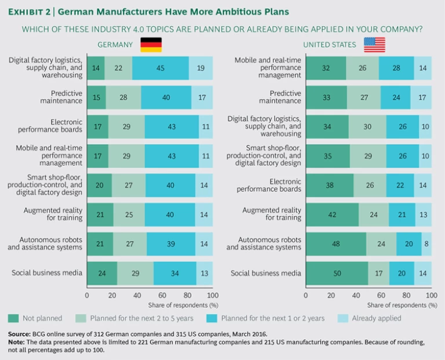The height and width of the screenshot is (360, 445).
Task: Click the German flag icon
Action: coord(151,45)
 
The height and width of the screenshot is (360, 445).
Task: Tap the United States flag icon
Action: coord(374,45)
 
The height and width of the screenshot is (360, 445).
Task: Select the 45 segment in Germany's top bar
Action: coord(161,68)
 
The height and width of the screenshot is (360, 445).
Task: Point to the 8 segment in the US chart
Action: coord(426,244)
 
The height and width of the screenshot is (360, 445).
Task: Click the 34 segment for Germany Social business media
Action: coord(175,273)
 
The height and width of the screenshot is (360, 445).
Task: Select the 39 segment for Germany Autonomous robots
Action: coord(171,244)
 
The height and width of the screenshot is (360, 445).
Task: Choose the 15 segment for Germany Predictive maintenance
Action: coord(96,97)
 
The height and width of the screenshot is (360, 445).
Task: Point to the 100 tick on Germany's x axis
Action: coord(211,295)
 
